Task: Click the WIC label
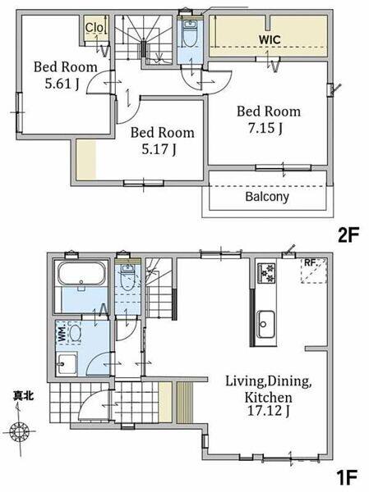click(x=270, y=40)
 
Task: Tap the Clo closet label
click(x=95, y=28)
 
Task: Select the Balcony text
click(x=267, y=197)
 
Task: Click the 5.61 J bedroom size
click(x=62, y=84)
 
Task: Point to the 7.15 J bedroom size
click(x=265, y=128)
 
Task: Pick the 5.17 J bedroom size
click(x=159, y=148)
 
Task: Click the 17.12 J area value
click(x=269, y=411)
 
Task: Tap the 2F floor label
click(x=348, y=235)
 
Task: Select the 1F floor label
click(x=347, y=478)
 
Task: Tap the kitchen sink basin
click(x=266, y=324)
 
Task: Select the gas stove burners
click(x=266, y=273)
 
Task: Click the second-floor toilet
click(x=190, y=33)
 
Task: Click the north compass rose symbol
click(x=20, y=432)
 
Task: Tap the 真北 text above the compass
click(x=24, y=396)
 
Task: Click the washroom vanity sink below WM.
click(x=67, y=364)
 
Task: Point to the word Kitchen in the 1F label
click(x=269, y=398)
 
